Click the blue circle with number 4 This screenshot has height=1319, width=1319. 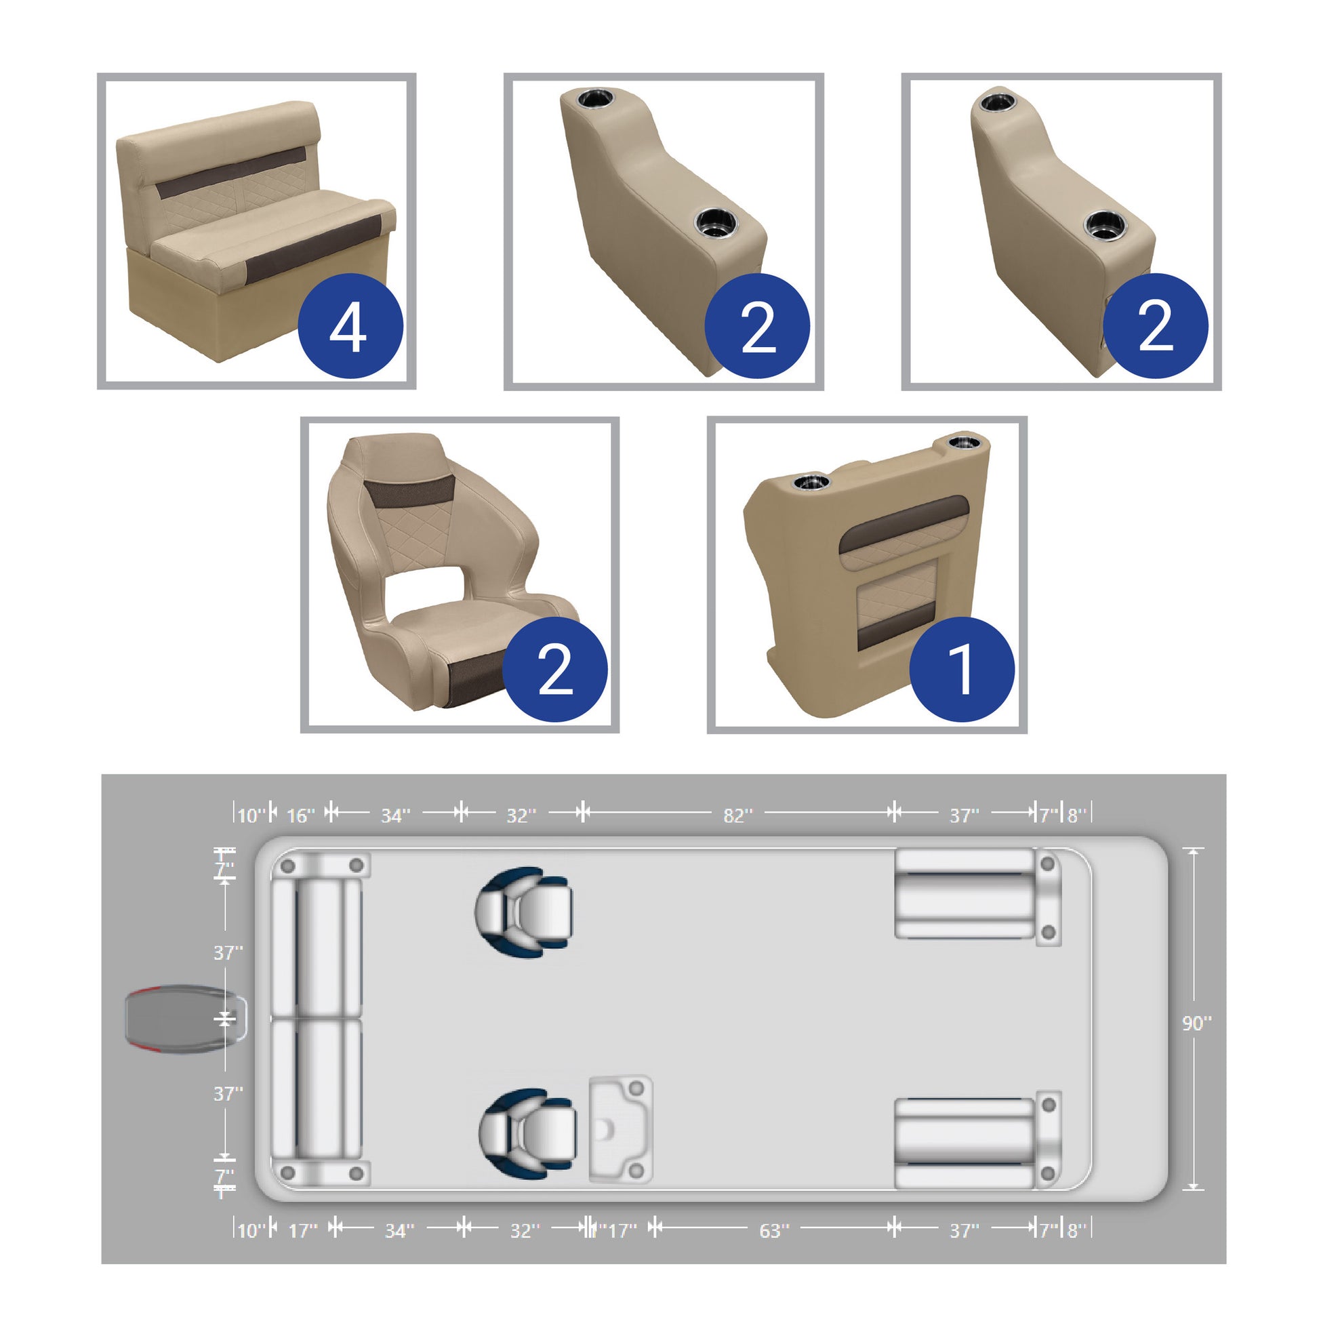[x=351, y=326]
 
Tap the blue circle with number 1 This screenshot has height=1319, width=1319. [x=962, y=670]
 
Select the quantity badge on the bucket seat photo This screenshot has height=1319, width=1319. [x=555, y=670]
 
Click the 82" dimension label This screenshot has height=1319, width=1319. [x=738, y=816]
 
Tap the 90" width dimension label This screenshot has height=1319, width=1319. [x=1197, y=1023]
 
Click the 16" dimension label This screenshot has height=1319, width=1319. [x=300, y=816]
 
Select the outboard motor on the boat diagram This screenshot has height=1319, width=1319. [x=186, y=1020]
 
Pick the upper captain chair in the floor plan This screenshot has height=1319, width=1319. [x=524, y=912]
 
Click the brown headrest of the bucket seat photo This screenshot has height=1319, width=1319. [x=409, y=491]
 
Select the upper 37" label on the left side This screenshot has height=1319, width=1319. [x=228, y=952]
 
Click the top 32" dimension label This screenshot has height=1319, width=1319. [x=521, y=816]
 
